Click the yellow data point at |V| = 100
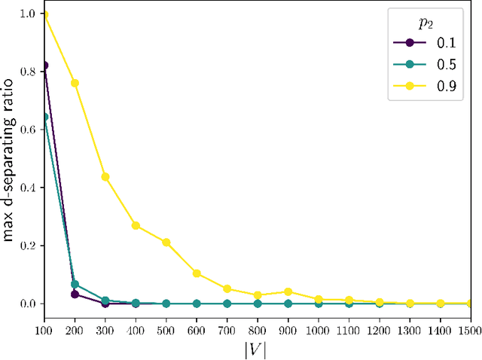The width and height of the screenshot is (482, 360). [44, 15]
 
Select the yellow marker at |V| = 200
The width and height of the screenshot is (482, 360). [75, 83]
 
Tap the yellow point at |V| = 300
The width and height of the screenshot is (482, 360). [105, 177]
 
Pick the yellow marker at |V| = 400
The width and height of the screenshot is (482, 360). [136, 225]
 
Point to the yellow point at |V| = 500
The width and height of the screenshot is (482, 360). [166, 243]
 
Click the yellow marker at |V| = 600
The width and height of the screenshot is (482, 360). [197, 273]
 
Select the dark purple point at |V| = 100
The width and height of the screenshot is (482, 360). [44, 66]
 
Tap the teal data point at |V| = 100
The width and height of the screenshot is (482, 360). [44, 117]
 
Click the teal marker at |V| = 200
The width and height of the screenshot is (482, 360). [75, 284]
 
